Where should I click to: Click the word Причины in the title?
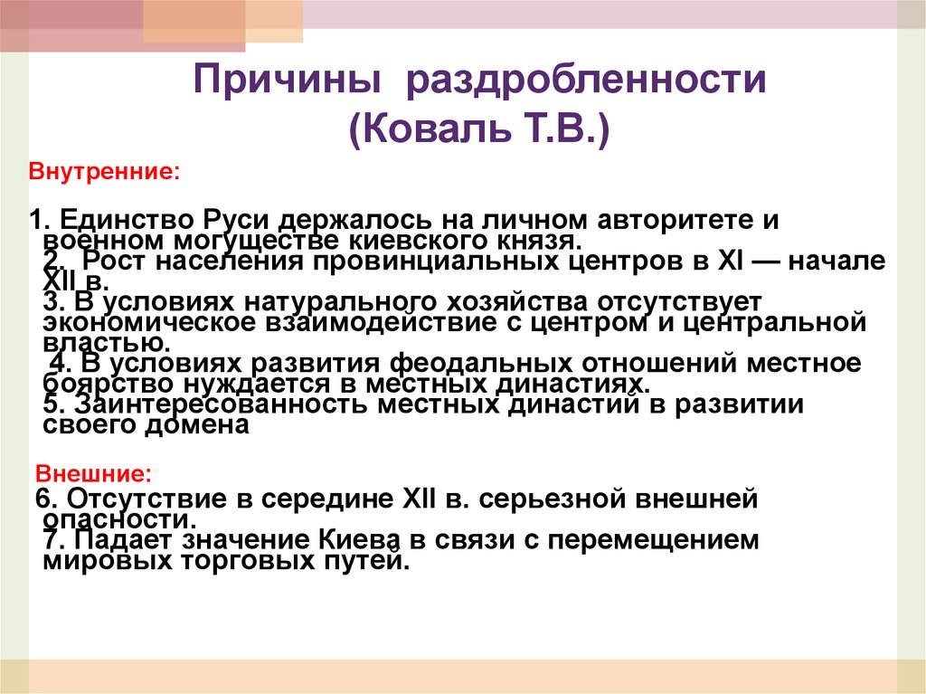pyautogui.click(x=285, y=82)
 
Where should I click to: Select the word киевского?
pyautogui.click(x=442, y=242)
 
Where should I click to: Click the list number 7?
pyautogui.click(x=52, y=540)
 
